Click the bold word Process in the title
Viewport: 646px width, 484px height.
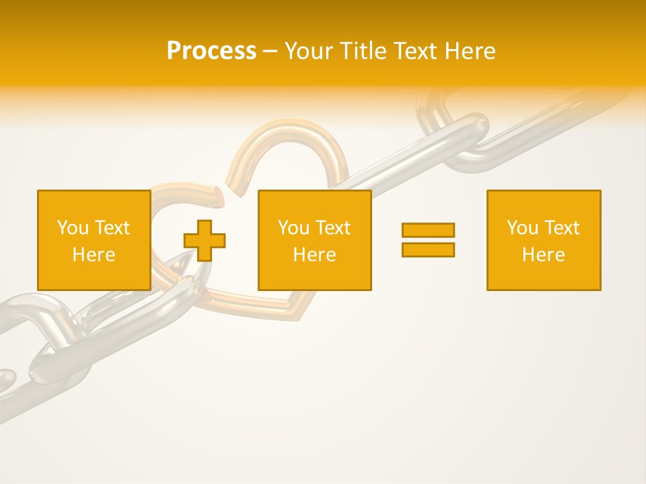click(211, 51)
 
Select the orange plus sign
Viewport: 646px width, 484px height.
click(205, 240)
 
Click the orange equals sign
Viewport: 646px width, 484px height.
click(428, 240)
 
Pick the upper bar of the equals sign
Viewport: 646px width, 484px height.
click(428, 231)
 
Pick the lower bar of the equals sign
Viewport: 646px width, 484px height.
click(428, 249)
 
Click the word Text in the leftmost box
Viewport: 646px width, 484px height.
click(112, 228)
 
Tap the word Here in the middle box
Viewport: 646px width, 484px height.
click(314, 255)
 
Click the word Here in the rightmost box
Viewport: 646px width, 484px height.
click(543, 255)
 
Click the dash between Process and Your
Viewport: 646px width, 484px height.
click(270, 51)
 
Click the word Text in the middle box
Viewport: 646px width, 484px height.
click(332, 228)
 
